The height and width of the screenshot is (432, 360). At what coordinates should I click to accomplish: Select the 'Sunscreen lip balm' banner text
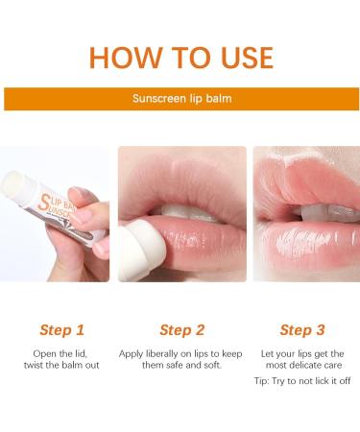[180, 99]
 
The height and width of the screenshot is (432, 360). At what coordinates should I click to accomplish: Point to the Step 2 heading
[181, 329]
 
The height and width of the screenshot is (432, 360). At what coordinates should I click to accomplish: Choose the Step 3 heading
[301, 329]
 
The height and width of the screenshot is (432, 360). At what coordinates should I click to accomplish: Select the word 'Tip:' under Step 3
[263, 382]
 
